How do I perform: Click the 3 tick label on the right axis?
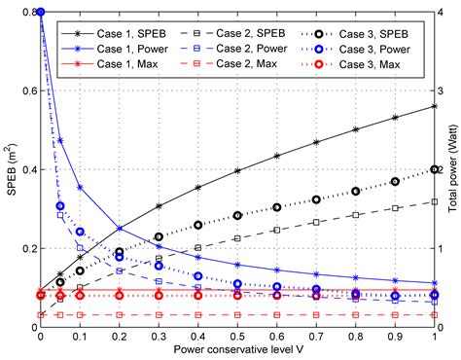coord(443,90)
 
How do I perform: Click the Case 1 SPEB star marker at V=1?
coord(435,106)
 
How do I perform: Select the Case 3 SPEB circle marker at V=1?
coord(435,169)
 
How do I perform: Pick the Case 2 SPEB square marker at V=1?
coord(435,201)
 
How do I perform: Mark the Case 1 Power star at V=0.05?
coord(60,140)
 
